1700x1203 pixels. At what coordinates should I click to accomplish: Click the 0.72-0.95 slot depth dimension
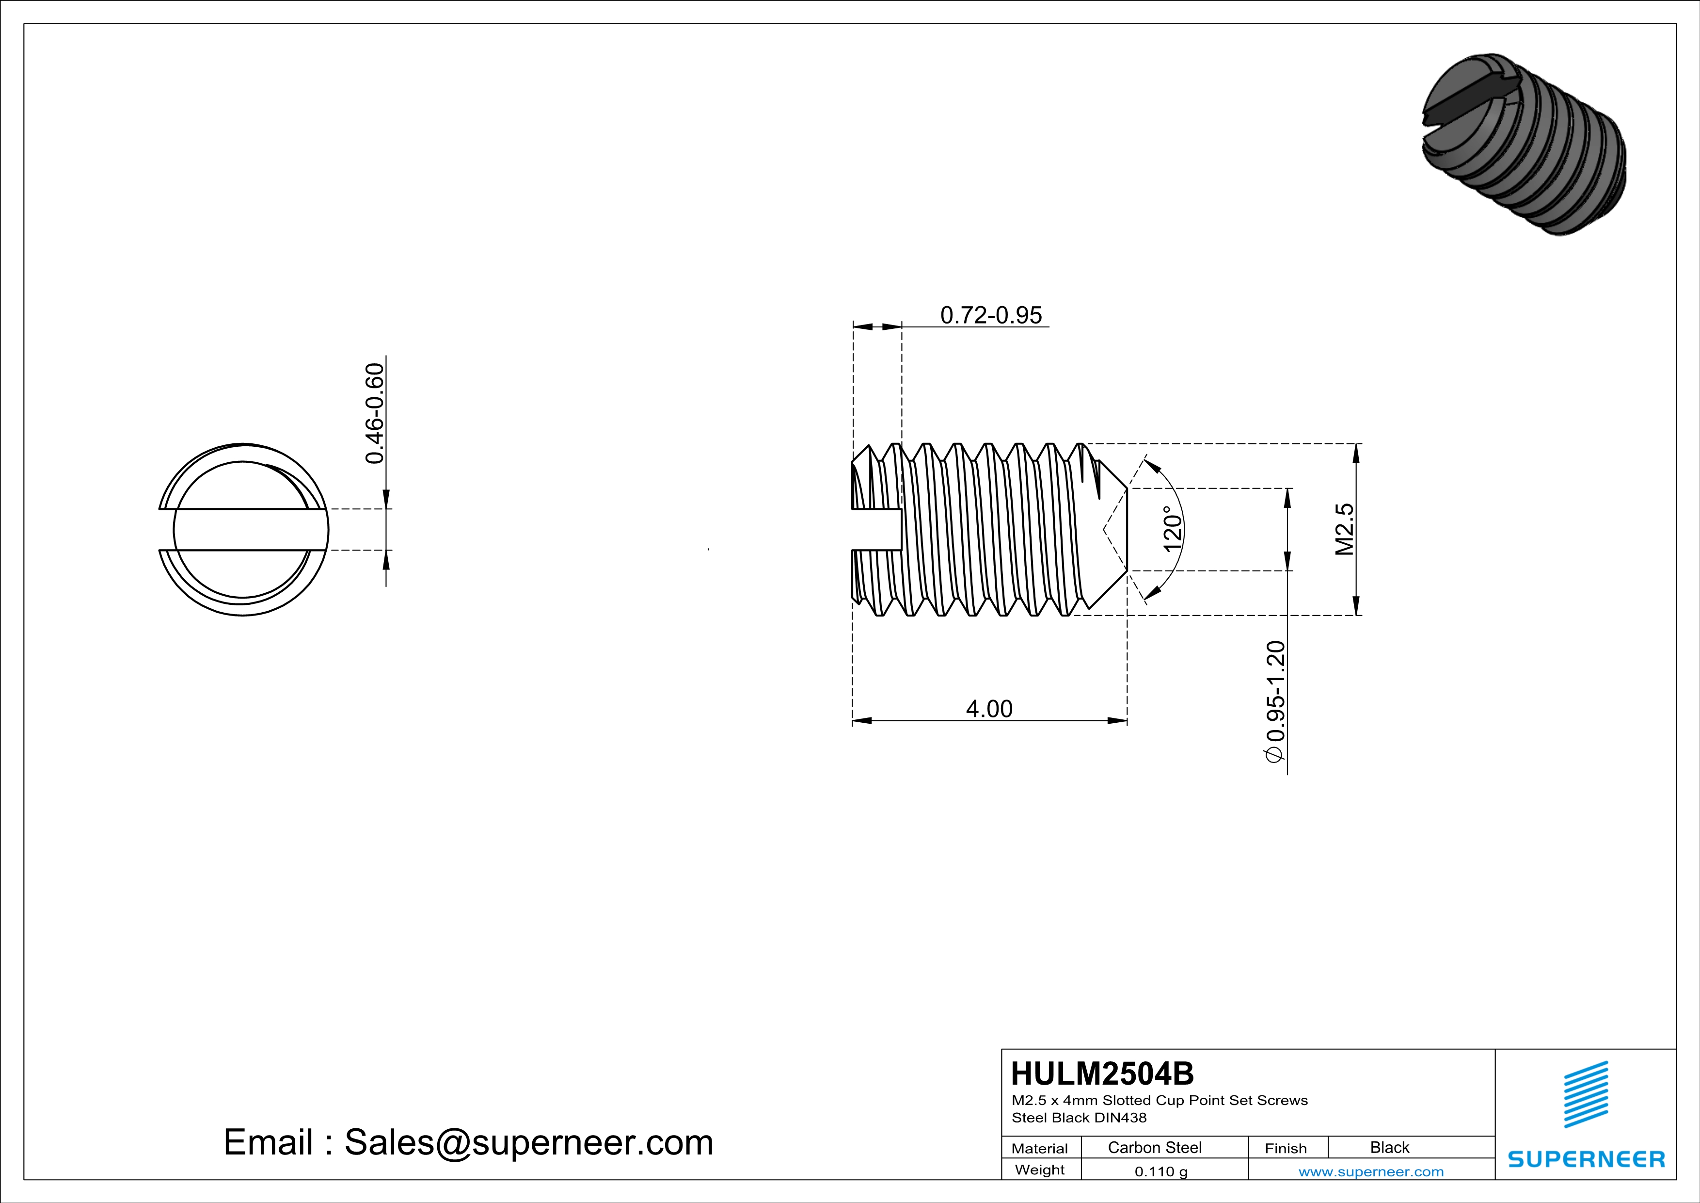[991, 316]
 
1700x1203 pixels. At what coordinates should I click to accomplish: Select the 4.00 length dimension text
[989, 709]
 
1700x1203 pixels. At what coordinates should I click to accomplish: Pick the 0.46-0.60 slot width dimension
[375, 413]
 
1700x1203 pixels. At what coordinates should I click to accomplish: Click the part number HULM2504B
[1102, 1073]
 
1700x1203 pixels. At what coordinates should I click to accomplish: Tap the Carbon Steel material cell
[1154, 1147]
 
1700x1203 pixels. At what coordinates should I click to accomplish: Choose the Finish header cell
[1286, 1148]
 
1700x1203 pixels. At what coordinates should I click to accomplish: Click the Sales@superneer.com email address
[529, 1142]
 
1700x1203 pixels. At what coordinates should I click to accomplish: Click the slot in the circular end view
[243, 530]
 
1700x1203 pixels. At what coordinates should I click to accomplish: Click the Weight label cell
[1040, 1170]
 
